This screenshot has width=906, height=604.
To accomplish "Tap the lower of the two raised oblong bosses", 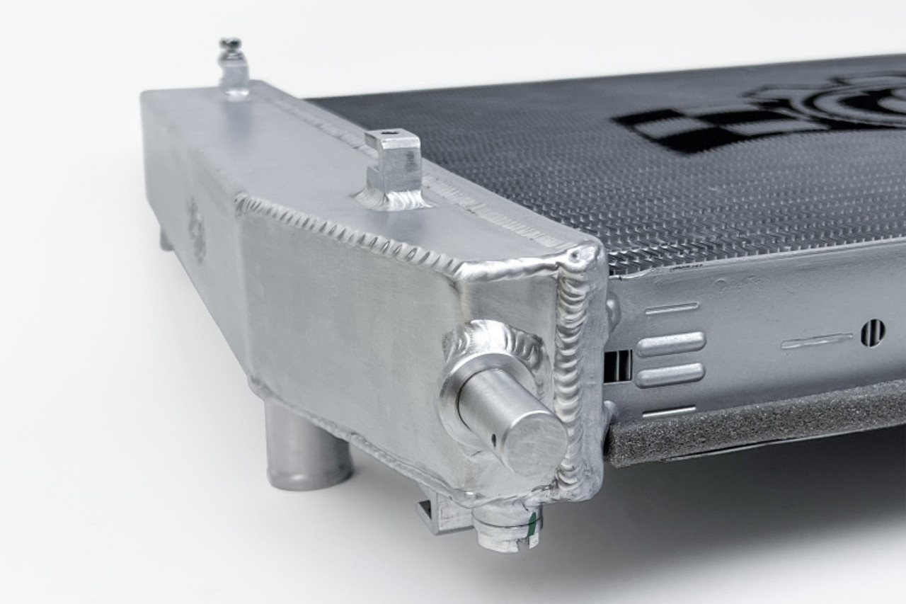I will pyautogui.click(x=670, y=375).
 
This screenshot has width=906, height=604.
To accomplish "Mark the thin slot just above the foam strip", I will pyautogui.click(x=668, y=411).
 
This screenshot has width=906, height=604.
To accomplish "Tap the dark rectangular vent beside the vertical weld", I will pyautogui.click(x=617, y=365).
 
